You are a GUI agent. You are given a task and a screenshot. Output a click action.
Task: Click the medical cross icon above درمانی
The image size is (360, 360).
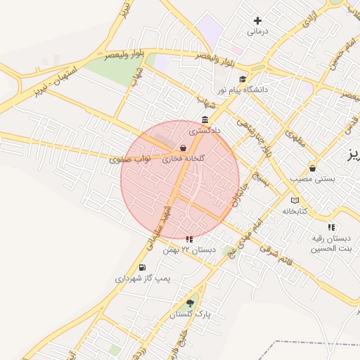point(258,21)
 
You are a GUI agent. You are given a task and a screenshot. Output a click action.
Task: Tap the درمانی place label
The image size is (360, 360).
point(258,32)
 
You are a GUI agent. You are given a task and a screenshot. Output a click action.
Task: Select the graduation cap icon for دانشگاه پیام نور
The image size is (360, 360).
point(243,79)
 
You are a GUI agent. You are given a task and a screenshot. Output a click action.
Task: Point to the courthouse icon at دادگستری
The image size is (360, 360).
point(205,120)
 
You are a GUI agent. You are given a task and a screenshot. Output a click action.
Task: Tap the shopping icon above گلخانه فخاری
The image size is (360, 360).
point(184,148)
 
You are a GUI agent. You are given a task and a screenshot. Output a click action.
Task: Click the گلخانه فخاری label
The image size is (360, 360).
point(184,160)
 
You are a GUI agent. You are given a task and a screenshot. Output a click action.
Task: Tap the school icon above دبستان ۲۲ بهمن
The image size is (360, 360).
point(188,239)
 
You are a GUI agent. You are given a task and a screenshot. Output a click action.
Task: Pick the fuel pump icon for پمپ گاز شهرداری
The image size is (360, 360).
point(143,267)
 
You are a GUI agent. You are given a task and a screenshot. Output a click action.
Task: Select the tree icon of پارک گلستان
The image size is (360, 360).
point(190,303)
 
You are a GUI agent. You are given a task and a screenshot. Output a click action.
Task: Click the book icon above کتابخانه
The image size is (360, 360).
point(294,200)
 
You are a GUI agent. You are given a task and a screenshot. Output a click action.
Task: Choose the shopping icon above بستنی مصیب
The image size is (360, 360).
point(312,168)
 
